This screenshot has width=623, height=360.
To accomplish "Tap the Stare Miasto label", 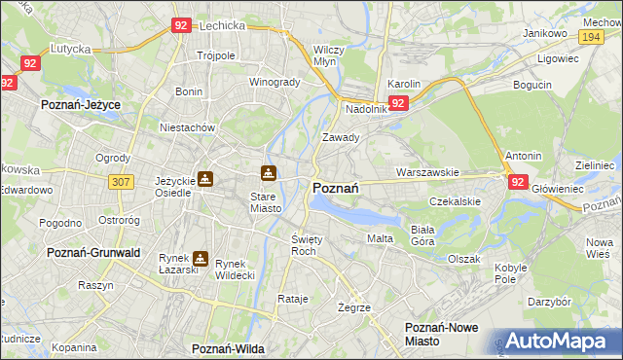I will click(260, 201).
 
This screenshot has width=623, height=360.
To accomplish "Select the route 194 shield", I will click(588, 35).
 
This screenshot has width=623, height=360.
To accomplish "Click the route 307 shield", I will click(121, 182).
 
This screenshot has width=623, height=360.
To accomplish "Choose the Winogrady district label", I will click(275, 82).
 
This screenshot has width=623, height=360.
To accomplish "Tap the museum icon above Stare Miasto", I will click(268, 173).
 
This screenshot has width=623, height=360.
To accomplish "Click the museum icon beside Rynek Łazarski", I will click(201, 259).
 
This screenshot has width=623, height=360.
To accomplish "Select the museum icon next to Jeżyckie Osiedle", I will click(205, 178).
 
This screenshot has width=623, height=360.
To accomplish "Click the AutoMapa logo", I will click(559, 341).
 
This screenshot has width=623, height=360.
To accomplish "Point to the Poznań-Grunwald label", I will click(94, 252).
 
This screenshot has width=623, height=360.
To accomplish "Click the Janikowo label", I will click(545, 33).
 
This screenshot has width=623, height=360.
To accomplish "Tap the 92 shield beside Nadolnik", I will click(397, 102).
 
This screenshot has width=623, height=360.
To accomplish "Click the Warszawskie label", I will click(427, 172).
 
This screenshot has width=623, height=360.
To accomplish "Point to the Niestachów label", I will click(187, 126).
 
